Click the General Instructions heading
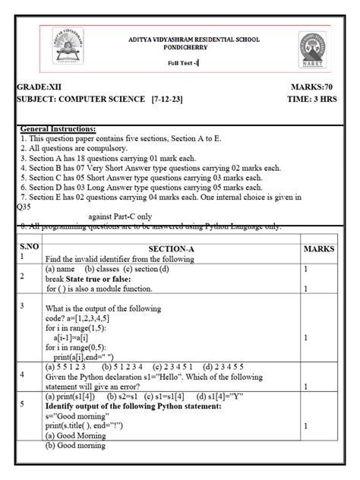click(58, 130)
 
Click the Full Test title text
click(182, 63)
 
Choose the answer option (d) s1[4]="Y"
click(220, 396)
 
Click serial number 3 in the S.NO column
click(24, 305)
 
